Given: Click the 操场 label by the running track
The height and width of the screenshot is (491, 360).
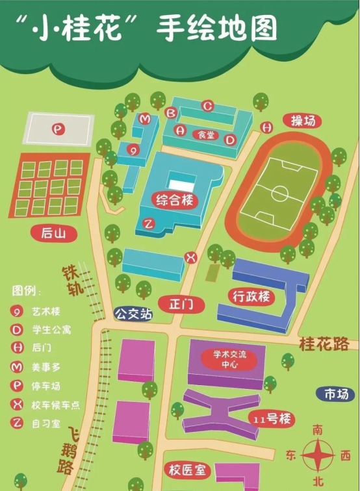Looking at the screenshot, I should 303,121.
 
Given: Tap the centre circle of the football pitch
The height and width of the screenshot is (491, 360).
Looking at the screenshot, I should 279,193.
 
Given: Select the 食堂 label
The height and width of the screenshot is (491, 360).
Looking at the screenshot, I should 205,135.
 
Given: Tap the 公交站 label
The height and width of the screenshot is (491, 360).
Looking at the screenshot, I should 133,314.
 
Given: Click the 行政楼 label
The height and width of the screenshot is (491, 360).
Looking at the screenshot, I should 251,297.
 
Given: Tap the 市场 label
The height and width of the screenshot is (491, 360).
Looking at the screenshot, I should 336,394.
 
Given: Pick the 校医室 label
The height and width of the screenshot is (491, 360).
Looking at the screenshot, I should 187,469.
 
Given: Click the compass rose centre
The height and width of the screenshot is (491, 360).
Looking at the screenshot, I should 318,455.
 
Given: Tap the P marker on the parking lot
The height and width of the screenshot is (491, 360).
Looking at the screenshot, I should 59,129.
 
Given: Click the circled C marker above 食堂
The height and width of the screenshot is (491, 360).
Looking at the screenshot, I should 207,105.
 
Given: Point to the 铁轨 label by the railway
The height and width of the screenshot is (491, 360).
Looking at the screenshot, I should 73,280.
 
